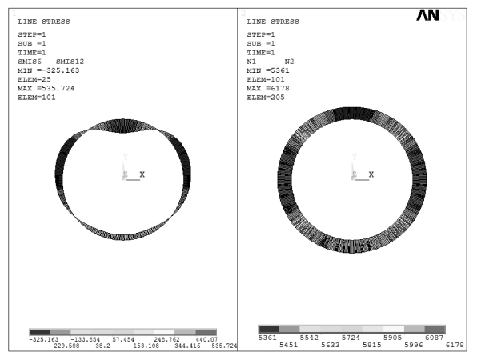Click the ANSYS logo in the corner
pos(441,15)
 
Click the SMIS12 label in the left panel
pos(70,62)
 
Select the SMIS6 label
pos(30,62)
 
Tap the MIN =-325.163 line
pos(49,70)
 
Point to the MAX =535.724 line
pos(46,89)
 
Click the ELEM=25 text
pos(34,79)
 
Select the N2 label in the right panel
pos(289,62)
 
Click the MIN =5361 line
pos(268,70)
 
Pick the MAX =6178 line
pos(268,89)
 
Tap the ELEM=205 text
pos(266,98)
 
